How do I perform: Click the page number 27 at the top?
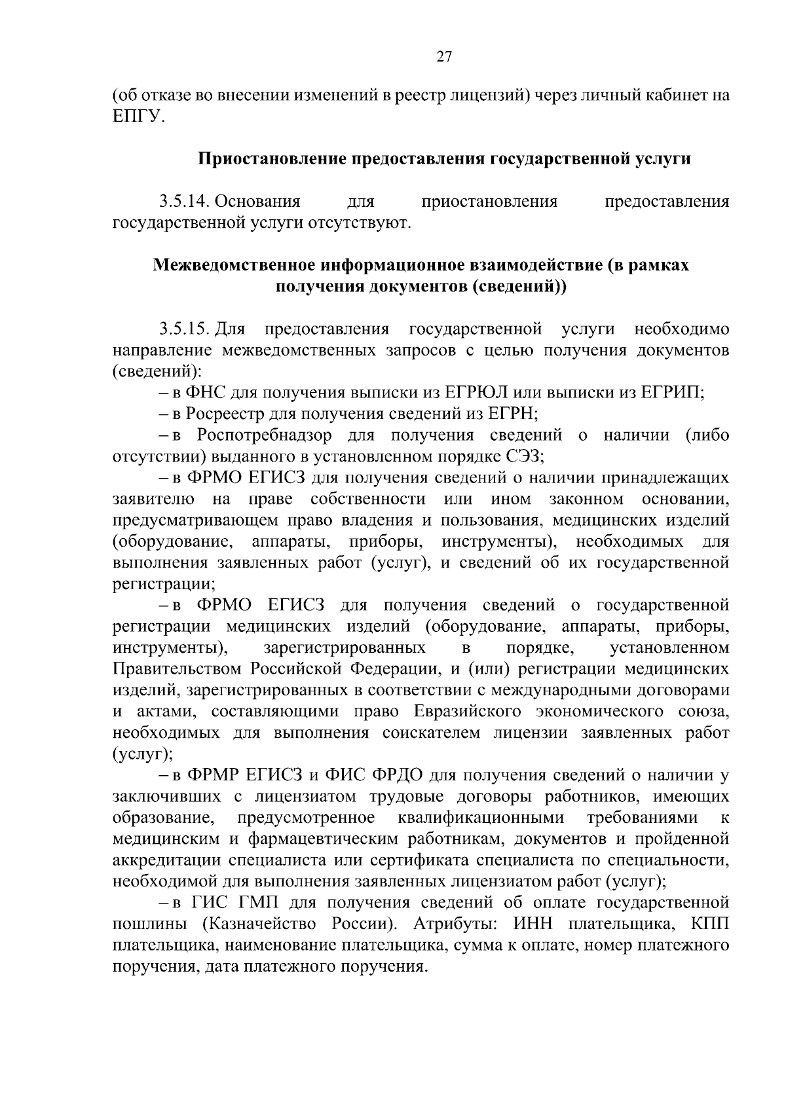click(x=444, y=58)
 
